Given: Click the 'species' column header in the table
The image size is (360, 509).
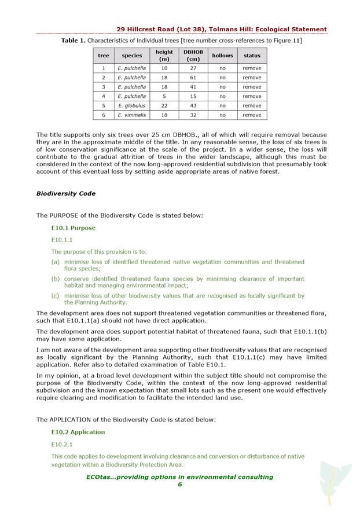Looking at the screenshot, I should (132, 56).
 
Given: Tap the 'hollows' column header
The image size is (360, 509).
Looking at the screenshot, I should (222, 56).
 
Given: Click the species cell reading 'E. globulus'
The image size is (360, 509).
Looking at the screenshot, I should (132, 105).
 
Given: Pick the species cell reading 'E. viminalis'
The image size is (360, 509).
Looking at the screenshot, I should (132, 115).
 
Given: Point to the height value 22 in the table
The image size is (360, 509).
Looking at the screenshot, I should (164, 105).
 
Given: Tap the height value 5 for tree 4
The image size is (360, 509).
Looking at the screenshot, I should (164, 96).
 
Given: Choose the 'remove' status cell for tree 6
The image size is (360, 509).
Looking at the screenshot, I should (252, 115).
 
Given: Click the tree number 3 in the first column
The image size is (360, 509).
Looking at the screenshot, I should (104, 87).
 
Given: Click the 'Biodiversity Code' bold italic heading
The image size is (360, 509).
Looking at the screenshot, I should (66, 193).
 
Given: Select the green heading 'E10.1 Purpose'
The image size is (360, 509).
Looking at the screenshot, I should (74, 228).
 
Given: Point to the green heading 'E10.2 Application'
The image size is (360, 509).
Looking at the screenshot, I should (78, 432).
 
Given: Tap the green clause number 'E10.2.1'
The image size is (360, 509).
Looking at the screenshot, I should (62, 444).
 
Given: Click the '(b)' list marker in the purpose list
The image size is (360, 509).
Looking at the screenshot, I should (55, 279).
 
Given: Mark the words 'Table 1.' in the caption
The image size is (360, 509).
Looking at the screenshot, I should (74, 41).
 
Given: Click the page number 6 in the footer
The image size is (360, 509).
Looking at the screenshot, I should (179, 485).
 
